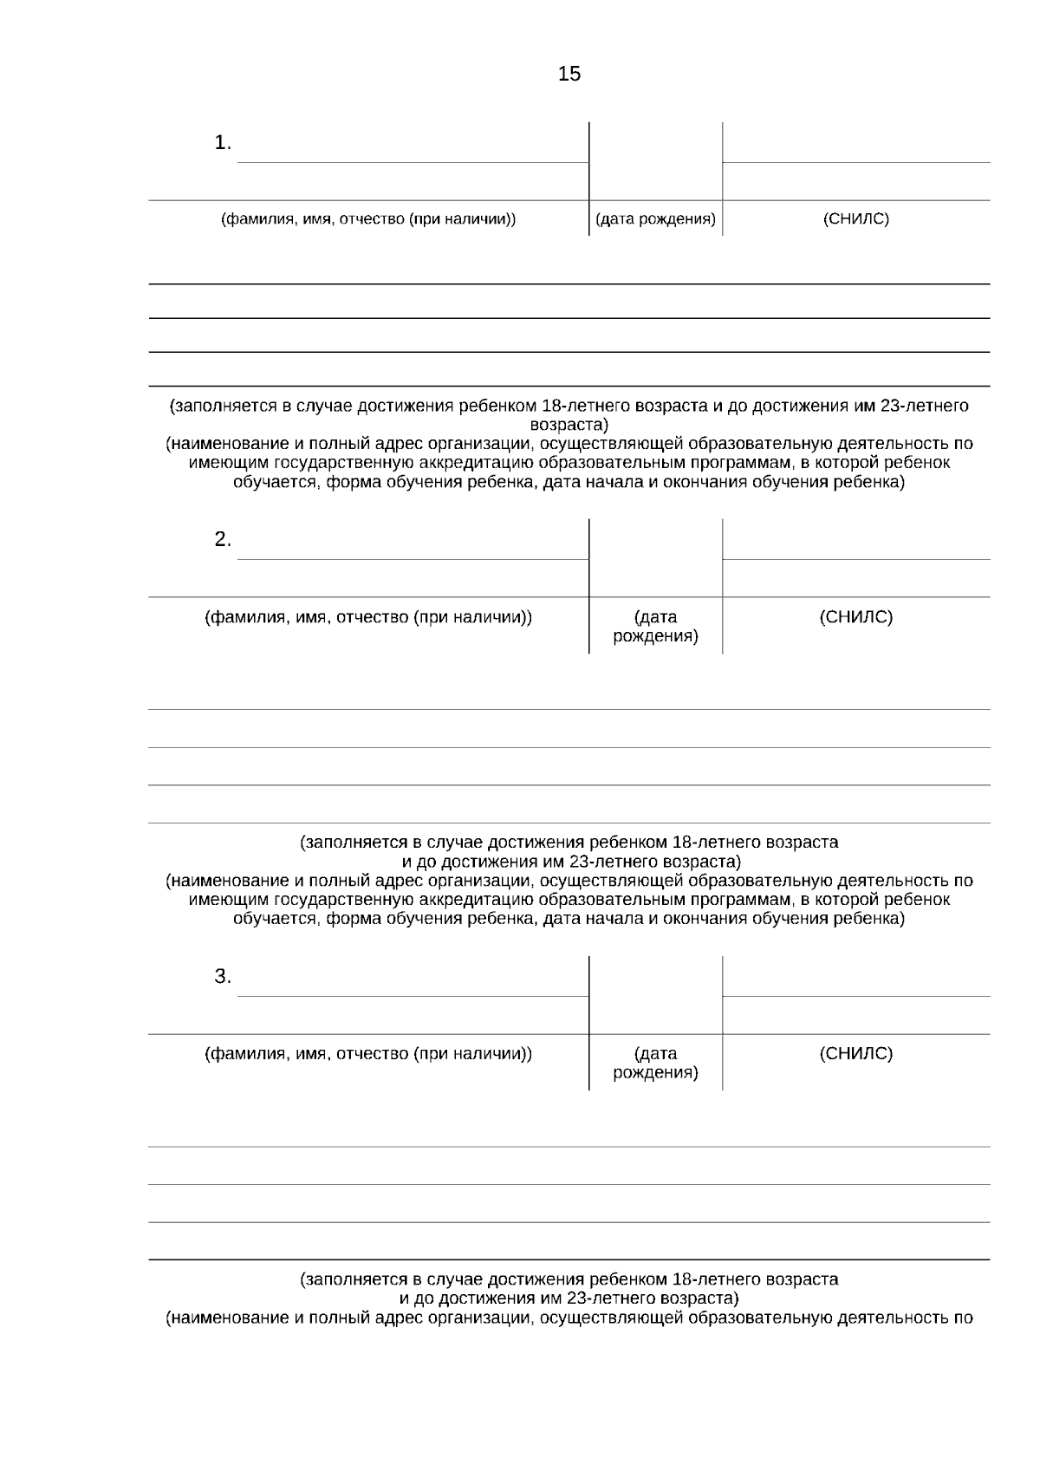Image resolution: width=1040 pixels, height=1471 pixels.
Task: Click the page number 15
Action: click(569, 75)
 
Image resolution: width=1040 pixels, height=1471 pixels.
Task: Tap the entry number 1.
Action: click(223, 143)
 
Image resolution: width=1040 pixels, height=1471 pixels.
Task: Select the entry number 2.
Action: click(223, 540)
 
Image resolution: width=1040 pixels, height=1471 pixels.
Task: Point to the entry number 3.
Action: click(223, 977)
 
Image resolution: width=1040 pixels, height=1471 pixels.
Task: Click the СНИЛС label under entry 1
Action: click(855, 219)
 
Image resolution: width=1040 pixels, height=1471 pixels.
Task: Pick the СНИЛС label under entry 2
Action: click(855, 617)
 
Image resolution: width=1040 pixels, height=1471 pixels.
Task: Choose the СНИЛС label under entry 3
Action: click(855, 1054)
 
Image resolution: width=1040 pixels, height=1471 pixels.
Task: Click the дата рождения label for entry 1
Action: click(655, 219)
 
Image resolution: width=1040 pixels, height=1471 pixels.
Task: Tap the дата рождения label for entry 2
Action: click(655, 627)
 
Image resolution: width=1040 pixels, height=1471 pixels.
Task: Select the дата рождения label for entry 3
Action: click(655, 1064)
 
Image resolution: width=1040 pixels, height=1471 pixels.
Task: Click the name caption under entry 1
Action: click(368, 219)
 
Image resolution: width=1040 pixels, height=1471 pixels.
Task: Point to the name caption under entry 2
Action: click(368, 617)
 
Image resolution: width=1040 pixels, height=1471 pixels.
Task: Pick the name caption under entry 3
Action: click(368, 1054)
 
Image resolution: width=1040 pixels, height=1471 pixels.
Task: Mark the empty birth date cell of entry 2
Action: click(655, 559)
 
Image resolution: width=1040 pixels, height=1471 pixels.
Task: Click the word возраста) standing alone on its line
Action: click(569, 425)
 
